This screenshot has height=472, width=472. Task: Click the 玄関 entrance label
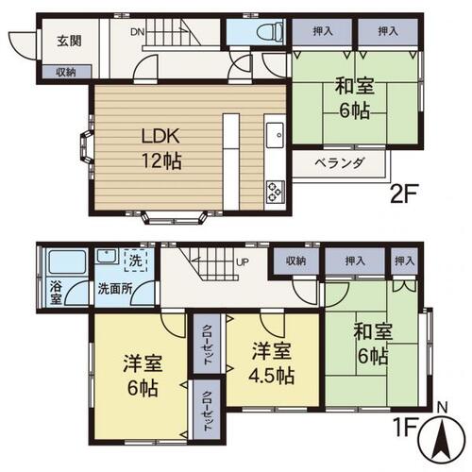click(x=69, y=41)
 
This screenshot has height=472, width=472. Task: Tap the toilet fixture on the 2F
click(x=271, y=31)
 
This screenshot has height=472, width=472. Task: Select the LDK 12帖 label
click(x=161, y=148)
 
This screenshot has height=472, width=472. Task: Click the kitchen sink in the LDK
click(x=275, y=135)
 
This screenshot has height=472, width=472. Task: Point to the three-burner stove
click(x=276, y=192)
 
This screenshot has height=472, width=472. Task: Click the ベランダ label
click(x=340, y=163)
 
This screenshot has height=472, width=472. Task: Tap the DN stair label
click(x=138, y=32)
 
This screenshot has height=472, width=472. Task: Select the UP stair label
click(x=243, y=261)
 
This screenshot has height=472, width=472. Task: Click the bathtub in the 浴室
click(x=67, y=261)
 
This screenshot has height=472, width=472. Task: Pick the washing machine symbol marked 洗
click(x=136, y=261)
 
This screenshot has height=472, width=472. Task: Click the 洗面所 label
click(x=115, y=289)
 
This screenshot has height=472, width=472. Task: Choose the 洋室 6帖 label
click(x=143, y=376)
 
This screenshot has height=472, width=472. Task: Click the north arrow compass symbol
click(x=442, y=438)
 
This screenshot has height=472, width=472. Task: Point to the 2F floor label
click(x=404, y=194)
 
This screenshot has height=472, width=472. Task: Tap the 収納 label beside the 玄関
click(x=66, y=73)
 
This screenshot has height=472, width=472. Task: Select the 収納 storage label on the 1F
click(x=295, y=261)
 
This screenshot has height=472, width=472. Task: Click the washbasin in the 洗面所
click(x=108, y=256)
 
